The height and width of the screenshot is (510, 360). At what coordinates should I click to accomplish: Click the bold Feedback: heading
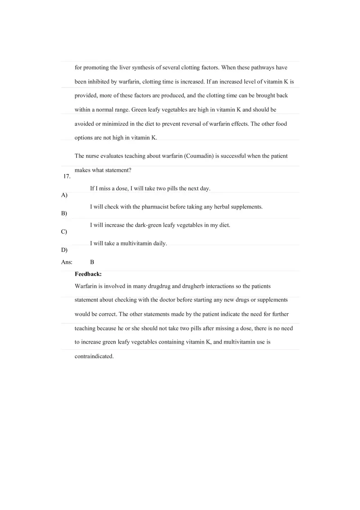click(88, 274)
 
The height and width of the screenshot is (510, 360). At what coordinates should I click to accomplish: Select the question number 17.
click(67, 177)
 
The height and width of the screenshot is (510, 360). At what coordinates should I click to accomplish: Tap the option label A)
click(64, 195)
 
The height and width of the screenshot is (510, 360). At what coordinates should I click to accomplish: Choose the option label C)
click(64, 231)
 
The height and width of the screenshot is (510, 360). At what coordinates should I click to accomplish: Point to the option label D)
click(64, 250)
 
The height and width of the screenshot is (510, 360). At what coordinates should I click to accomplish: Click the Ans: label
click(67, 262)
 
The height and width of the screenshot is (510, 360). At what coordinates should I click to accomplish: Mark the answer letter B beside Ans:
click(92, 262)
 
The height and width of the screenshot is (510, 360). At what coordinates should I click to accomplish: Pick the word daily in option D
click(160, 243)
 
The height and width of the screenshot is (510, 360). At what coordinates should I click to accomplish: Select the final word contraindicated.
click(94, 356)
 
